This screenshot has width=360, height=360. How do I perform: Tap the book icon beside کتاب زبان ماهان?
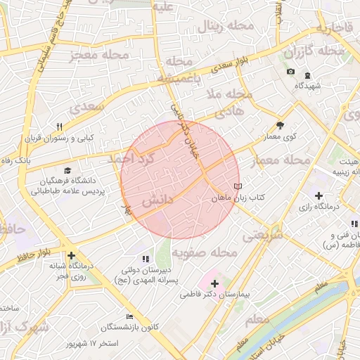(x=238, y=186)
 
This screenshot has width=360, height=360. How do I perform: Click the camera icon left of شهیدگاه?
(x=291, y=72)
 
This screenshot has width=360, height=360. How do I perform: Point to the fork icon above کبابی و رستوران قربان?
(x=60, y=127)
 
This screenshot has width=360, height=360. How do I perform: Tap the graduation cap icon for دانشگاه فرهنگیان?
(x=67, y=170)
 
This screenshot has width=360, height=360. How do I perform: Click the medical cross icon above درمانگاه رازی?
(x=319, y=195)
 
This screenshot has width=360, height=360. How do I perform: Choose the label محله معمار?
(x=281, y=160)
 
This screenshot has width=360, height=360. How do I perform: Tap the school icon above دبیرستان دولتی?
(x=146, y=259)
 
